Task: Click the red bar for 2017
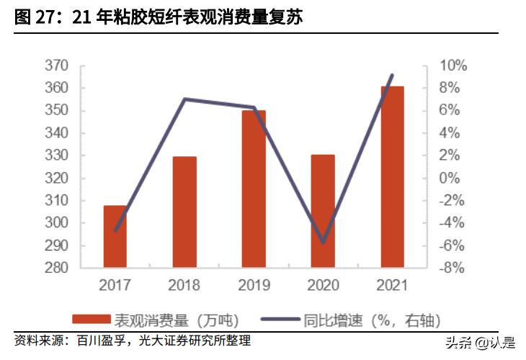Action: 115,237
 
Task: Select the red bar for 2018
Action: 184,212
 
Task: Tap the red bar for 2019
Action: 254,189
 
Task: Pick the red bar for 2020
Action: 323,212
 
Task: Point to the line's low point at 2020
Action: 323,243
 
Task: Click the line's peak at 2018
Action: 184,99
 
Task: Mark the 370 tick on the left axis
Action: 57,66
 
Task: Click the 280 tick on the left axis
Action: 57,269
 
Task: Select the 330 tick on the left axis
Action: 57,156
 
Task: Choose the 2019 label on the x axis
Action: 254,285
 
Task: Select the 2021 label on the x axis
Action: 392,285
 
